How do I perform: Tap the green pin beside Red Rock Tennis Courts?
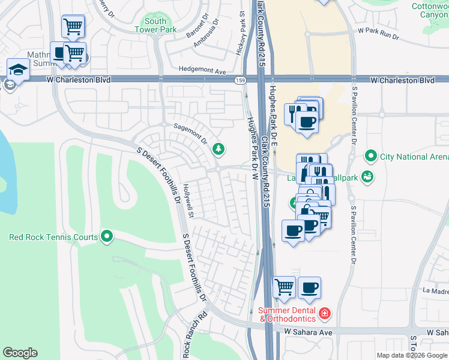(x=107, y=237)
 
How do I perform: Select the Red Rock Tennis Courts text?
(x=53, y=237)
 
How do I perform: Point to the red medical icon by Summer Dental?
(x=325, y=314)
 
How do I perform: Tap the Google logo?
(x=20, y=353)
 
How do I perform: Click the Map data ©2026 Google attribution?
(x=412, y=355)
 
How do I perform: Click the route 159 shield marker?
(x=241, y=80)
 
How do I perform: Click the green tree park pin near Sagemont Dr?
(x=220, y=148)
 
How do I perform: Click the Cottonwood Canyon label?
(x=429, y=10)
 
